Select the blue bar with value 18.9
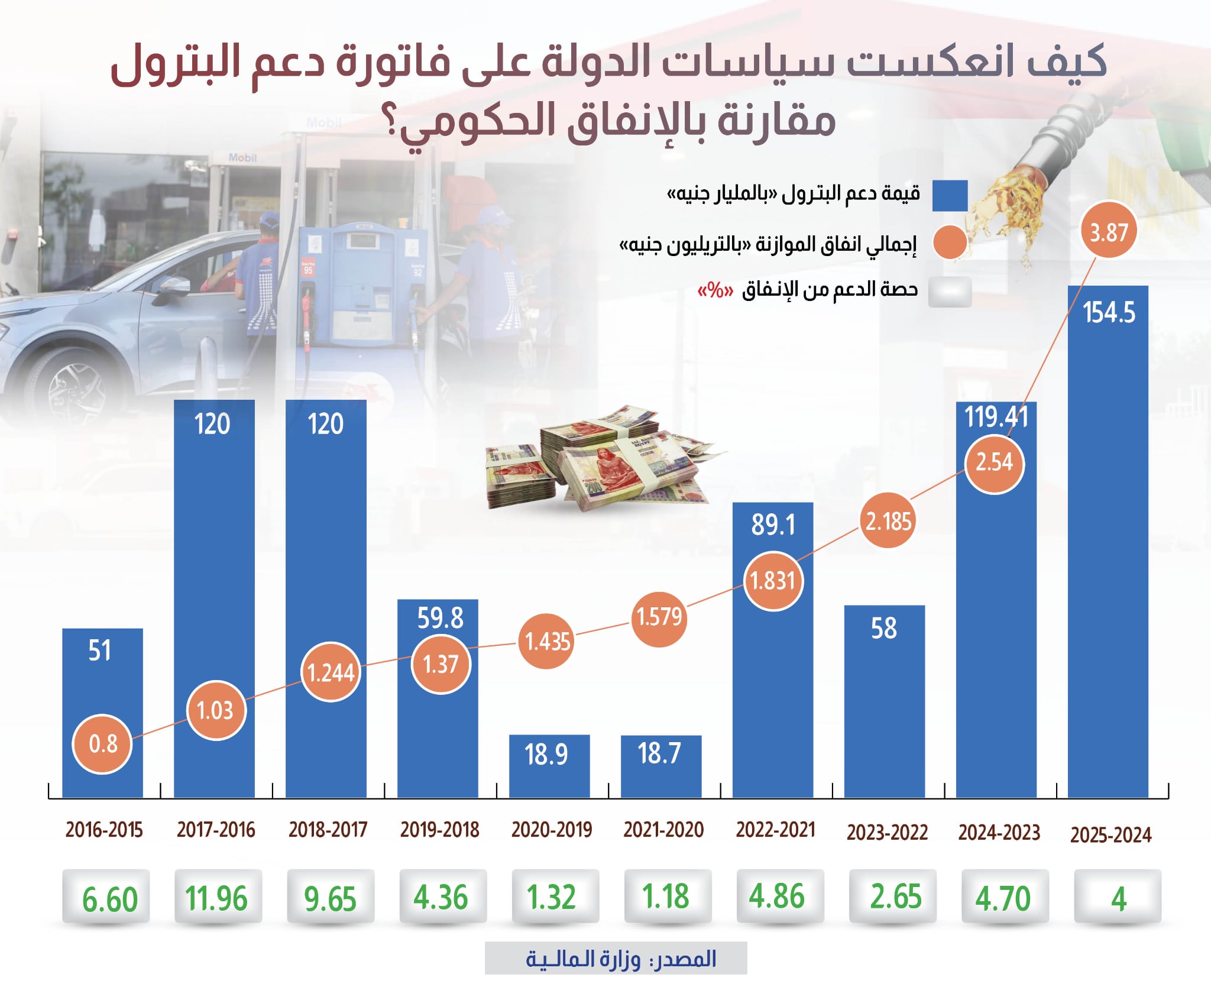[549, 766]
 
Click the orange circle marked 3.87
[1109, 231]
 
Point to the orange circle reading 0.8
[102, 743]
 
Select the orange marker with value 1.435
[548, 641]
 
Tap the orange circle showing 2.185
[888, 521]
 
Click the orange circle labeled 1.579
[659, 617]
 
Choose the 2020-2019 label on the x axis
[551, 830]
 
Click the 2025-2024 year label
[1110, 834]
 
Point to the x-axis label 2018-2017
[328, 830]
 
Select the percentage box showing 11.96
[217, 897]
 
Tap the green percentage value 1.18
[666, 896]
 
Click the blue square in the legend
[950, 195]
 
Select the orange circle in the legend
[949, 242]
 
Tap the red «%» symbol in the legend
[715, 290]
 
